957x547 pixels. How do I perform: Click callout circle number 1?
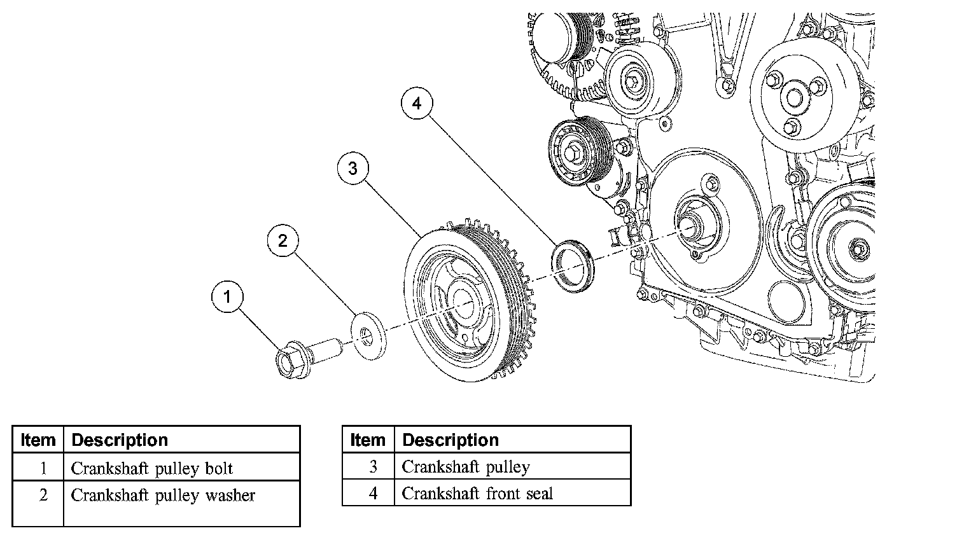pyautogui.click(x=228, y=296)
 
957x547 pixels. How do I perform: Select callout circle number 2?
pyautogui.click(x=283, y=240)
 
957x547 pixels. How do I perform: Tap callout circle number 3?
pyautogui.click(x=353, y=168)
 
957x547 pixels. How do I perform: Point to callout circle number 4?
pyautogui.click(x=417, y=103)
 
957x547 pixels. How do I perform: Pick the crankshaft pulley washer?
pyautogui.click(x=367, y=335)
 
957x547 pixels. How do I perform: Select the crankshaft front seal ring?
pyautogui.click(x=572, y=266)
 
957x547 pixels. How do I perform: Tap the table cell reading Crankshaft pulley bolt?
pyautogui.click(x=152, y=469)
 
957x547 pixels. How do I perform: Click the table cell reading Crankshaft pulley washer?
pyautogui.click(x=163, y=495)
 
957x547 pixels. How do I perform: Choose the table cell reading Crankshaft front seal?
pyautogui.click(x=477, y=494)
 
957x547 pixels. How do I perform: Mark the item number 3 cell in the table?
pyautogui.click(x=373, y=467)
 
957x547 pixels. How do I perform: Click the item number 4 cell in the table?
pyautogui.click(x=373, y=494)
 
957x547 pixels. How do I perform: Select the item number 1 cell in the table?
pyautogui.click(x=43, y=469)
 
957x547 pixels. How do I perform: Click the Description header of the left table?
pyautogui.click(x=120, y=440)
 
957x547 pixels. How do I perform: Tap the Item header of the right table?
pyautogui.click(x=368, y=440)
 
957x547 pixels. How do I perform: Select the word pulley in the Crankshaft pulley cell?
pyautogui.click(x=508, y=467)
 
